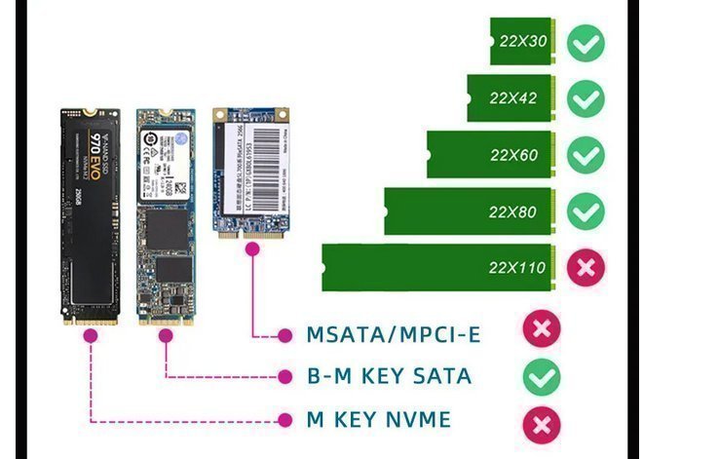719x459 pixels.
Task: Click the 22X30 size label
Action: tap(523, 43)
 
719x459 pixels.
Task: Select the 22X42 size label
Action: tap(513, 98)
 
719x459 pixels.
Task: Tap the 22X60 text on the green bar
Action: tap(513, 155)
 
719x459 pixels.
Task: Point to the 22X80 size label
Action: tap(513, 211)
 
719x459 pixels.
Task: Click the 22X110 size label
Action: tap(516, 267)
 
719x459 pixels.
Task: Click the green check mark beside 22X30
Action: tap(586, 43)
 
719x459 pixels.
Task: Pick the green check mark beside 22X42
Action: tap(586, 98)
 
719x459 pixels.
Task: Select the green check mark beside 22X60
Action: tap(586, 155)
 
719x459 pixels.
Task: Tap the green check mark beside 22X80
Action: tap(586, 211)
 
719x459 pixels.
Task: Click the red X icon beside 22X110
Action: tap(586, 267)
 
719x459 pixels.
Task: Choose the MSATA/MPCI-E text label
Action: tap(394, 335)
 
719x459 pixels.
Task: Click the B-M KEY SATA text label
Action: tap(389, 376)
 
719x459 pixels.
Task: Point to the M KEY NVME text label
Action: tap(379, 420)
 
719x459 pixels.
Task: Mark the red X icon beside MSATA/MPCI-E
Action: tap(542, 328)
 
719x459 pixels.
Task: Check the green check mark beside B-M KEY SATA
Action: tap(542, 376)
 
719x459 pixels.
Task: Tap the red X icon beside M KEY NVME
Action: tap(542, 423)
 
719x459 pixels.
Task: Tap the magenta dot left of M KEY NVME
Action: tap(285, 420)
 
